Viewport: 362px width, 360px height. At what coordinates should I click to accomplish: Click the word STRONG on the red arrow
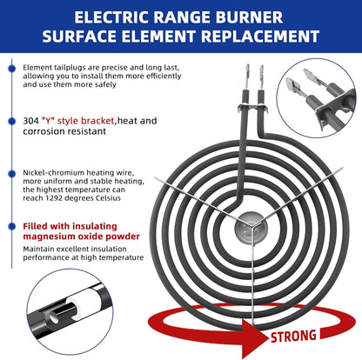pyautogui.click(x=293, y=337)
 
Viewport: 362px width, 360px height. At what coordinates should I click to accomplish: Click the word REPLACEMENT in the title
pyautogui.click(x=260, y=37)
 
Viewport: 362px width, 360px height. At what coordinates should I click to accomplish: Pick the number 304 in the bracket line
pyautogui.click(x=30, y=121)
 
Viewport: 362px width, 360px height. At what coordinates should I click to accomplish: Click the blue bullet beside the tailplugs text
pyautogui.click(x=12, y=69)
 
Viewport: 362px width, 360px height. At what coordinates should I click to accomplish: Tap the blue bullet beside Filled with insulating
pyautogui.click(x=12, y=226)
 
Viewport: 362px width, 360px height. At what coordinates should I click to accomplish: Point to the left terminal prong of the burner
pyautogui.click(x=247, y=77)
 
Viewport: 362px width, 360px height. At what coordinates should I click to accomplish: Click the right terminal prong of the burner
pyautogui.click(x=262, y=77)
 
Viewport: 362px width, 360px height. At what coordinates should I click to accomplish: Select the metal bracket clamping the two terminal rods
pyautogui.click(x=252, y=108)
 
